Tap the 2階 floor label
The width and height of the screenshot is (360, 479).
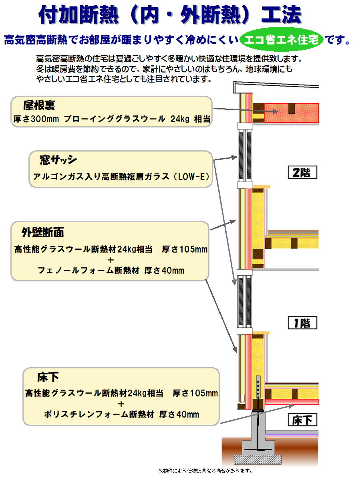[302, 173]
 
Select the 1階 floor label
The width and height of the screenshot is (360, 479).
[302, 323]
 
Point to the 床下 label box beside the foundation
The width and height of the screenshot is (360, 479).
[302, 420]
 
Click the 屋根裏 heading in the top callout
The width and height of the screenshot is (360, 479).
[39, 106]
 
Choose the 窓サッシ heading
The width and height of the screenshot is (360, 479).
[58, 160]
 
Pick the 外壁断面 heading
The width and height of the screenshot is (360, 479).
[42, 232]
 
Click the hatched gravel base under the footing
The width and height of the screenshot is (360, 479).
[256, 459]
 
